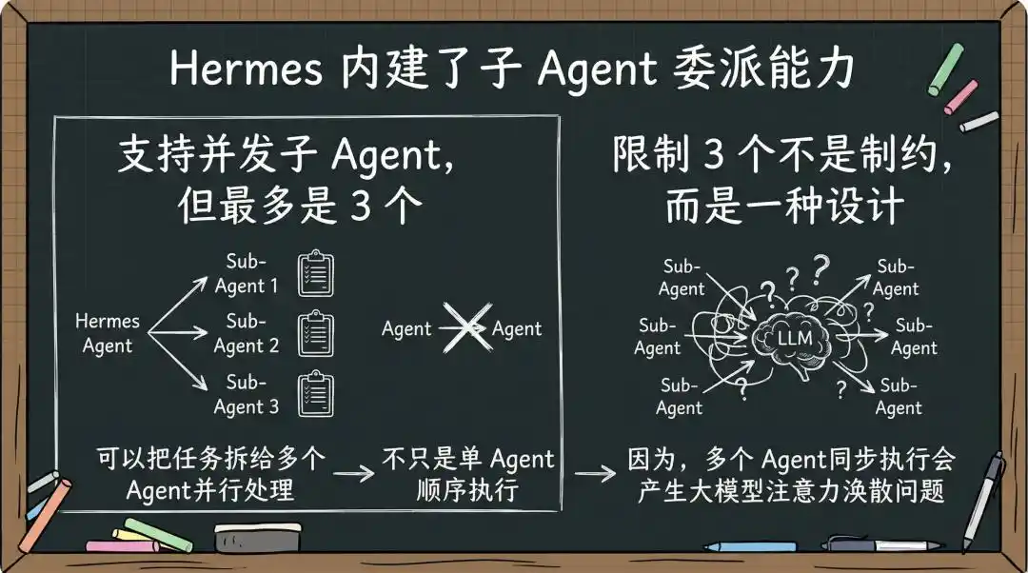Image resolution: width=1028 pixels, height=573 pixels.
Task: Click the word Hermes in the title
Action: tap(246, 68)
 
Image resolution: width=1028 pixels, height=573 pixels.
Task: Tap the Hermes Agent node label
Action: tap(108, 333)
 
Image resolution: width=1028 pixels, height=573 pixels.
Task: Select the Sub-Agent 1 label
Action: tap(247, 273)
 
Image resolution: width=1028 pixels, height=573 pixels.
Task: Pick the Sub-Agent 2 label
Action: tap(247, 333)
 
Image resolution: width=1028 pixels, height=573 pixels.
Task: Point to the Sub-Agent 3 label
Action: tap(247, 394)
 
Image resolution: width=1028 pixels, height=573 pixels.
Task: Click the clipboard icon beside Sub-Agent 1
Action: tap(316, 273)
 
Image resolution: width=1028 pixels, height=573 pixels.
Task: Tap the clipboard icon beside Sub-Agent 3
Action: tap(316, 394)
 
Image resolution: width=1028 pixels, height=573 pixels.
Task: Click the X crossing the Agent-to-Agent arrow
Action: tap(466, 327)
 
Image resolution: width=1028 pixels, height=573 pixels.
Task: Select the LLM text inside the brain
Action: tap(795, 338)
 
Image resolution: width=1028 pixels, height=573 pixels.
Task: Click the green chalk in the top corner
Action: tap(946, 69)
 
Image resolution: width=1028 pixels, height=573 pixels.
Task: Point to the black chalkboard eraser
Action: tap(258, 537)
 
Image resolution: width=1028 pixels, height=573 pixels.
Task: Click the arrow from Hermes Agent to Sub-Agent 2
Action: tap(178, 332)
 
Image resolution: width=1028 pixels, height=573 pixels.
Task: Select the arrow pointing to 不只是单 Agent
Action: tap(353, 473)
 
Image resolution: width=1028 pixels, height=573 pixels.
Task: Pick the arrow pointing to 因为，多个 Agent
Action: tap(595, 473)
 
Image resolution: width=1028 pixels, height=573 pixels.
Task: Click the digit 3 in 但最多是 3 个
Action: tap(361, 207)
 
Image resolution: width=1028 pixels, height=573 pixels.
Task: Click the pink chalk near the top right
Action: tap(961, 97)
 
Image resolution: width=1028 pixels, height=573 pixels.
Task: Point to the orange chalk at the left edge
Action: tap(45, 515)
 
